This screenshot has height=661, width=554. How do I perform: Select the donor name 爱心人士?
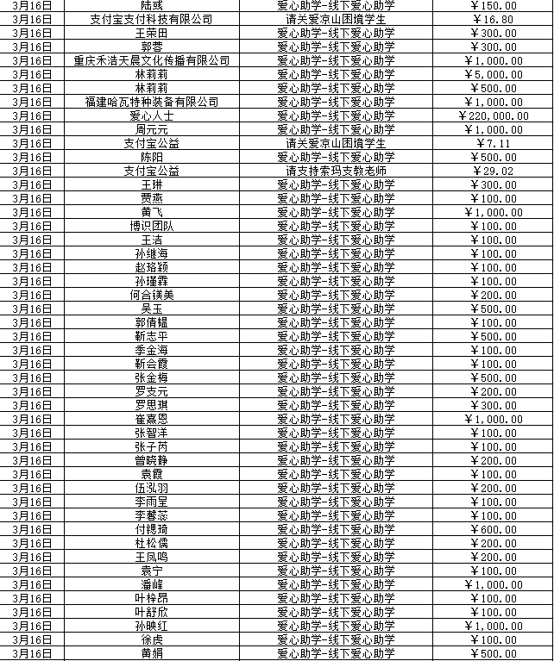coord(152,115)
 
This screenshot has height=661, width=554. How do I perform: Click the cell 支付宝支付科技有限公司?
coord(152,19)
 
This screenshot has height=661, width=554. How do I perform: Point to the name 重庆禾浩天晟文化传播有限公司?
coord(152,60)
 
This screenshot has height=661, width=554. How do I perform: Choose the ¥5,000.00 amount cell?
coord(494,74)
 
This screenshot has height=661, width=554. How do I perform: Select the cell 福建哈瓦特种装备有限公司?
coord(152,102)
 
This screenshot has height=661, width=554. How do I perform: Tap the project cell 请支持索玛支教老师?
coord(336,171)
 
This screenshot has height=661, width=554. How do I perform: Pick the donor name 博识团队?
coord(152,226)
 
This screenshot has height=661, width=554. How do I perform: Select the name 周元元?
coord(152,129)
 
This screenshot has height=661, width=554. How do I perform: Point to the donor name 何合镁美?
coord(152,295)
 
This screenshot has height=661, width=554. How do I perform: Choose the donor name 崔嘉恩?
coord(152,419)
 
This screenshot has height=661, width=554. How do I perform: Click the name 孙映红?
coord(152,626)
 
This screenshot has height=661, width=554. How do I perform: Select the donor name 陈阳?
coord(152,157)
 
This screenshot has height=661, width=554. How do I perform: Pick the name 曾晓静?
coord(152,460)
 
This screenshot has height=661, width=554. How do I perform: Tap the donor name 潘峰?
coord(152,584)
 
